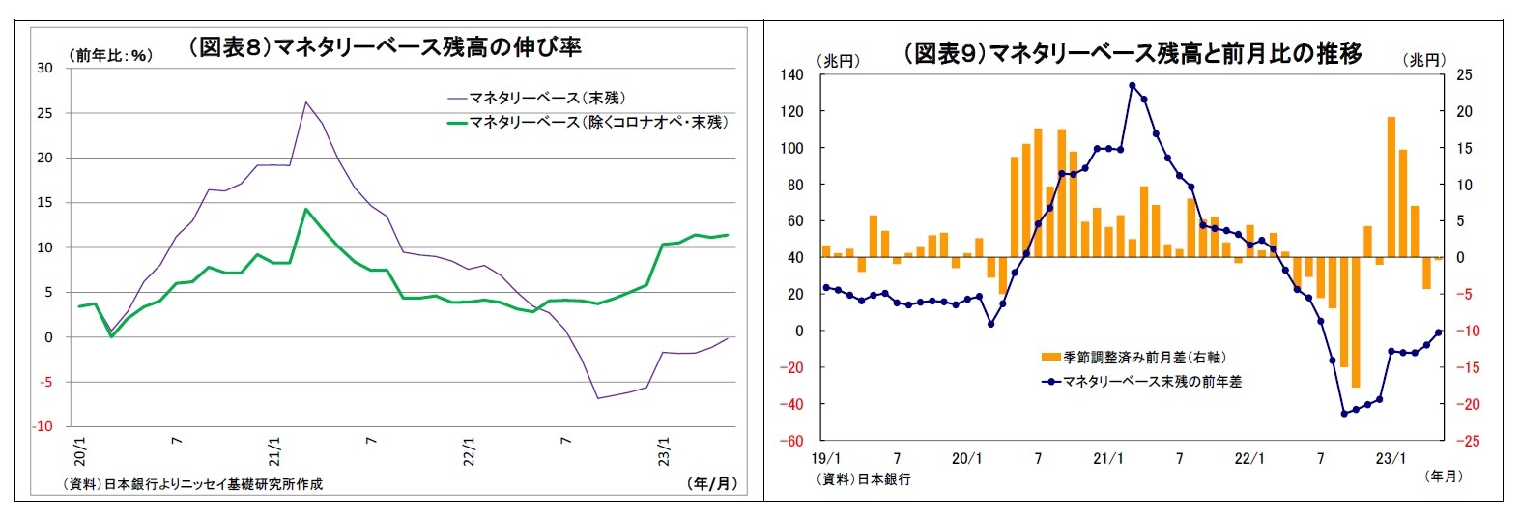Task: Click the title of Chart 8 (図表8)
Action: point(385,47)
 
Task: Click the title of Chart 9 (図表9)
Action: point(1132,53)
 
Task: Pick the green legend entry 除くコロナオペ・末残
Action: point(598,122)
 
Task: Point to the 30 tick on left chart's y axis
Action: point(44,68)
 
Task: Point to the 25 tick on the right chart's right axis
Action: point(1464,74)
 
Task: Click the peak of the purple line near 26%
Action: point(306,101)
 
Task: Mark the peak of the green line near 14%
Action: point(306,209)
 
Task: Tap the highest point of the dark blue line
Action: point(1132,85)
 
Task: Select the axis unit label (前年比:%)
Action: point(111,56)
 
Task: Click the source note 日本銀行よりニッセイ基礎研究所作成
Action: point(192,484)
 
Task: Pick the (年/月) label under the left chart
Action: point(713,483)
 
